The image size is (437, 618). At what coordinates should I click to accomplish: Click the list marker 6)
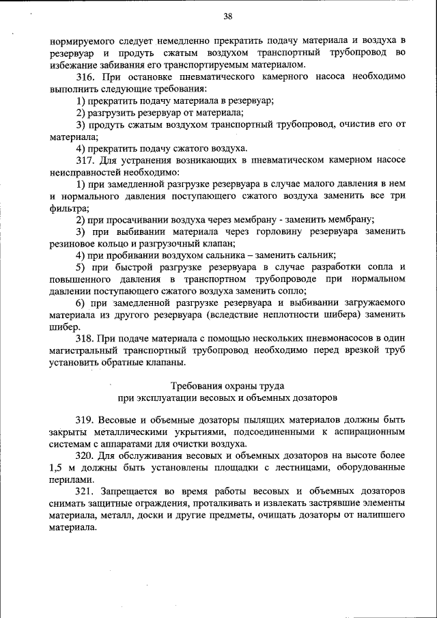81,303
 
